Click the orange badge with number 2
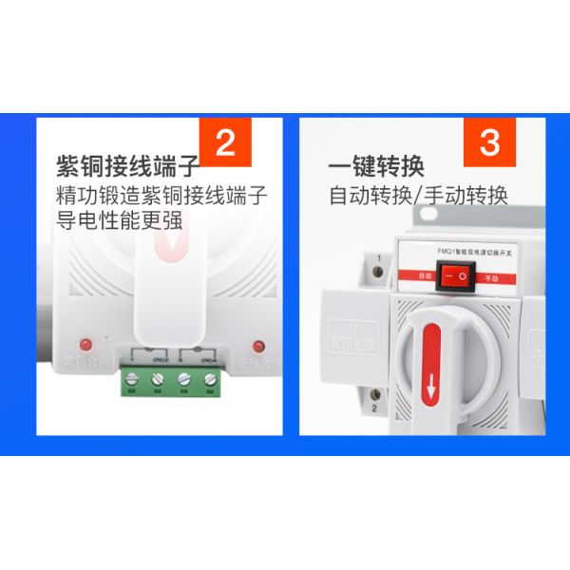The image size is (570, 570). pos(225,141)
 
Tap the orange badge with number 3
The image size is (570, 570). pos(489,141)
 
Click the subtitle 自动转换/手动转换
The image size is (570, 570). pos(419,196)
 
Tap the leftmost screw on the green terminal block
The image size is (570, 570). pos(132,379)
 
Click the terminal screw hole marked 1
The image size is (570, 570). pos(378,273)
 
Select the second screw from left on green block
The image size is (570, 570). pos(157,379)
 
